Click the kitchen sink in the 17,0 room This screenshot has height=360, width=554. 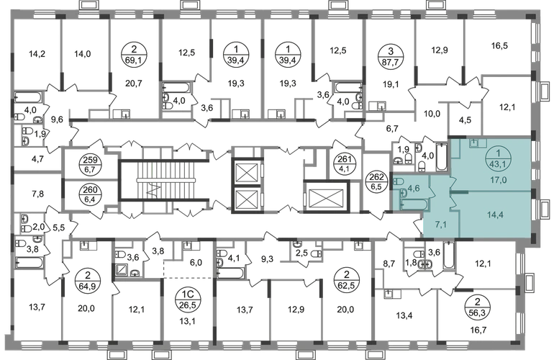point(474,143)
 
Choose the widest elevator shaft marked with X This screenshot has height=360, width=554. point(327,196)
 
